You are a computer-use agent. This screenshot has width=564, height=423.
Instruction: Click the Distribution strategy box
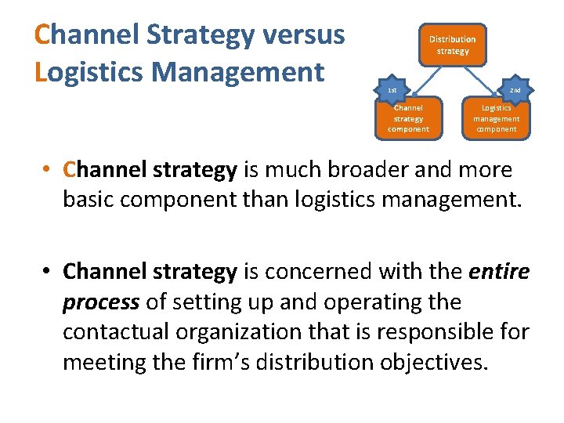coord(452,45)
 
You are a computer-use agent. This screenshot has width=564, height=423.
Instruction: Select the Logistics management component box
coord(496,118)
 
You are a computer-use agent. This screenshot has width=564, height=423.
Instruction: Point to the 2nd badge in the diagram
coord(515,90)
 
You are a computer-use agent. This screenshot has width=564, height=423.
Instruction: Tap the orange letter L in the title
coord(42,72)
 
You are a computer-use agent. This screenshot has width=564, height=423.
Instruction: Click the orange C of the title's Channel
coord(44,35)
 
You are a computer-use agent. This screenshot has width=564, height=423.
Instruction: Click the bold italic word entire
coord(498,272)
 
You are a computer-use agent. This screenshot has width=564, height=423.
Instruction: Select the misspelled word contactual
coord(114,332)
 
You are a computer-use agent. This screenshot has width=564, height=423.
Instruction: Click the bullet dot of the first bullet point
coord(48,171)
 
